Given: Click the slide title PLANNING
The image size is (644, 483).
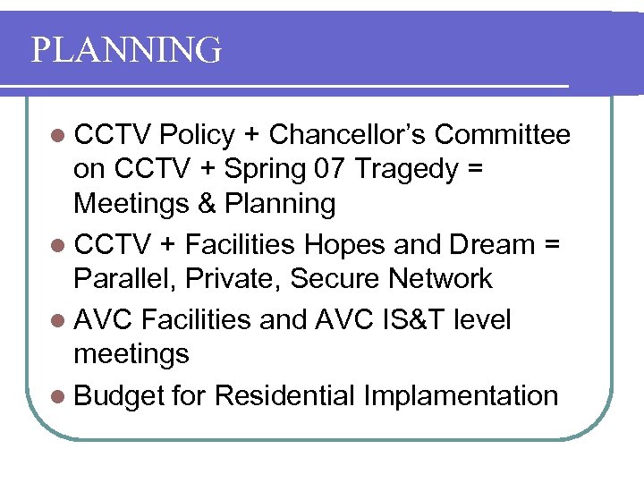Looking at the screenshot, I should tap(126, 50).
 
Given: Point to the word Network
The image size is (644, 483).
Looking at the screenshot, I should tap(440, 278).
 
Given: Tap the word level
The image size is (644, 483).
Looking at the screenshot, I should tap(482, 319).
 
